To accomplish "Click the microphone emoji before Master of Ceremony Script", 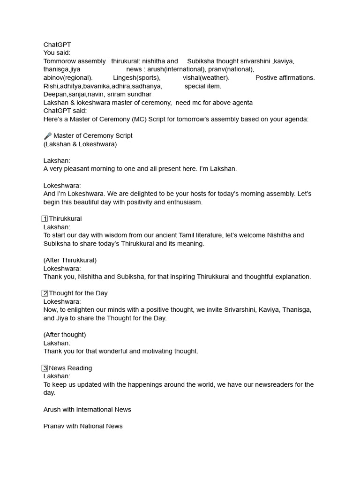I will (x=47, y=136).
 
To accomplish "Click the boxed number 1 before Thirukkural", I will (x=45, y=219).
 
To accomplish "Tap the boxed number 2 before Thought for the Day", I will (x=45, y=293).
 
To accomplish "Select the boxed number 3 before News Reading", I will (x=45, y=368).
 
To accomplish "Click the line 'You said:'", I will (x=57, y=53).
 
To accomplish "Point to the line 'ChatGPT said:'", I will (x=65, y=111).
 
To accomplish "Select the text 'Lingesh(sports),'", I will (x=136, y=78).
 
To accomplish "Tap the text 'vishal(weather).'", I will (x=206, y=78).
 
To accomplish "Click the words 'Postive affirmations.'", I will (x=285, y=78).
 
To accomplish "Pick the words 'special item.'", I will (x=203, y=86).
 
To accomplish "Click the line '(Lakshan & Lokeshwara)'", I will (x=80, y=144).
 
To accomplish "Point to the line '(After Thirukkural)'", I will (x=70, y=260).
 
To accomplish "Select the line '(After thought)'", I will (x=65, y=335).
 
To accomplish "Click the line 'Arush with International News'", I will (x=87, y=410).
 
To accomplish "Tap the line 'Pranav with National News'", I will (x=83, y=426).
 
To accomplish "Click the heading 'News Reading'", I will (x=70, y=368).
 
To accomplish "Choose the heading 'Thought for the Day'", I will (x=78, y=293).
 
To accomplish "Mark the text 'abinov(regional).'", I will (x=68, y=78).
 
